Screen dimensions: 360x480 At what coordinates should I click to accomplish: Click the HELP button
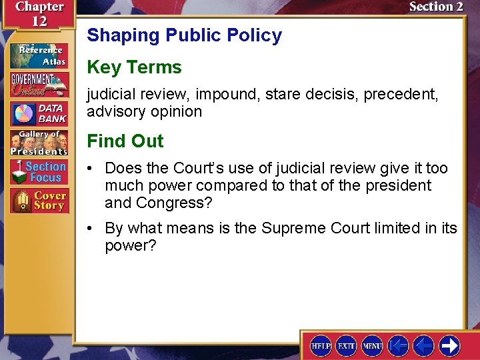pos(321,346)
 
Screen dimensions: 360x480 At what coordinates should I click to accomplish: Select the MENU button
pos(373,346)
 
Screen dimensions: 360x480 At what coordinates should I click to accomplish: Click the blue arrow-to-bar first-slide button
pos(399,345)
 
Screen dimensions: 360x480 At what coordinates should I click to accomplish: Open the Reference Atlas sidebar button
pos(39,56)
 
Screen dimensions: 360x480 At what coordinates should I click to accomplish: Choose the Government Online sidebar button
pos(39,85)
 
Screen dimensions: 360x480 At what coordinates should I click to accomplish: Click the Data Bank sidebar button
pos(39,114)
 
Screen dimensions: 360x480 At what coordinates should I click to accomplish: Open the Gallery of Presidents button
pos(39,142)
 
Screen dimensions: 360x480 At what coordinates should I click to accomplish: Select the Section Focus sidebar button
pos(39,171)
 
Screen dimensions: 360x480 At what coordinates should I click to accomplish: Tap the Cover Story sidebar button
pos(39,201)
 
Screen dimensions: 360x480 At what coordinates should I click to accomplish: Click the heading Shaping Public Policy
pos(184,35)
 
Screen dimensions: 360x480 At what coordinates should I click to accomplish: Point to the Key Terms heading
pos(134,67)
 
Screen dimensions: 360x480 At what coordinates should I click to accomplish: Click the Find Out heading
pos(125,141)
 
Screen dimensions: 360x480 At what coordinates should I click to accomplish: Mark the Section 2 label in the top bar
pos(435,7)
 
